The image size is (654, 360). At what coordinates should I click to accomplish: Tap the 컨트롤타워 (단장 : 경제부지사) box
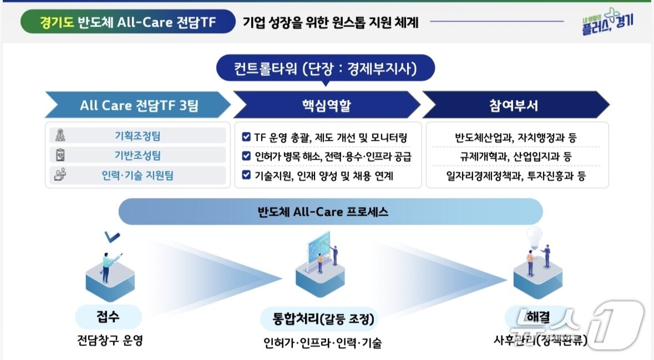[x=325, y=69]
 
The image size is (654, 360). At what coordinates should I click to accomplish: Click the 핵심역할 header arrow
[x=326, y=105]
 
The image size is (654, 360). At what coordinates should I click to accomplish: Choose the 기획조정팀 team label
[x=137, y=136]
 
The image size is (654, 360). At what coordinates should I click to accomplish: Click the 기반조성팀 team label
[x=137, y=156]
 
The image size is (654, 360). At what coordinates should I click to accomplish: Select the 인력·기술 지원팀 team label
[x=137, y=176]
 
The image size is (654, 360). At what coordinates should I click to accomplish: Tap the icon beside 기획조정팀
[x=60, y=136]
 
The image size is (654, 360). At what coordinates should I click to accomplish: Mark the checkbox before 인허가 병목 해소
[x=246, y=156]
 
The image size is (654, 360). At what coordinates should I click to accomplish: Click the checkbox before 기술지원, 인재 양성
[x=246, y=176]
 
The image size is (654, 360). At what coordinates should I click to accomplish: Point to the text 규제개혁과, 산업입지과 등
[x=516, y=156]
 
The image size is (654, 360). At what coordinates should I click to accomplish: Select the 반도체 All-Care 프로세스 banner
[x=331, y=212]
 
